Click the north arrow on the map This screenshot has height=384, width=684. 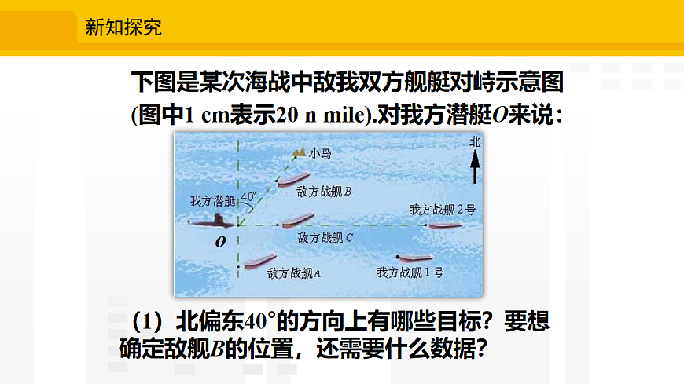[x=474, y=167]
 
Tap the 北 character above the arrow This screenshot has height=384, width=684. [x=474, y=142]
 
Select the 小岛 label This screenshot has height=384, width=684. [x=320, y=153]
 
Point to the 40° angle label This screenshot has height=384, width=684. [x=248, y=196]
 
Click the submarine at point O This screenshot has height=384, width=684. [x=213, y=221]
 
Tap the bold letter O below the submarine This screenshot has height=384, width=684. [x=221, y=242]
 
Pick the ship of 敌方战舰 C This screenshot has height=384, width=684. [x=297, y=221]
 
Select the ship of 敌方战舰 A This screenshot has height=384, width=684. [x=259, y=260]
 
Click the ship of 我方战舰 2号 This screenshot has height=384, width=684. [x=443, y=225]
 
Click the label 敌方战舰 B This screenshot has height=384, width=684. [x=324, y=191]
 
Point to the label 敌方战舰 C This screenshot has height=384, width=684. [x=325, y=236]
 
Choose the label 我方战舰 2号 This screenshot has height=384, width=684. [x=443, y=210]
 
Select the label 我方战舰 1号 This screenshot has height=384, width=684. [x=410, y=272]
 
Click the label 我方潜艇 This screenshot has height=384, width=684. [x=213, y=201]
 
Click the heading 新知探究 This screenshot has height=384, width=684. [x=123, y=28]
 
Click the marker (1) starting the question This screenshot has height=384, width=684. [x=146, y=322]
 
